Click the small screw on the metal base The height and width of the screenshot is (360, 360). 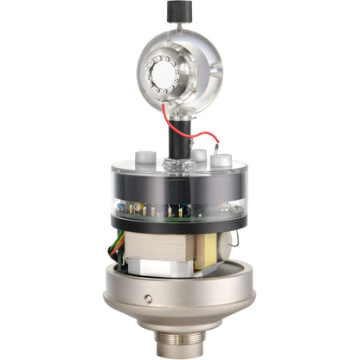149,299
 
